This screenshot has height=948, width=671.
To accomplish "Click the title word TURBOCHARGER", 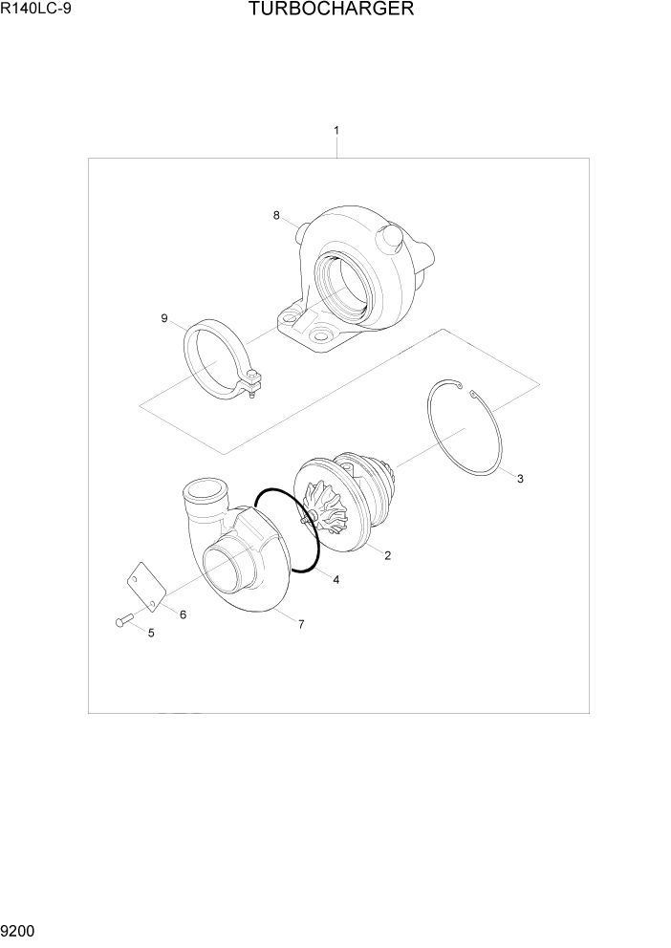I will click(331, 11).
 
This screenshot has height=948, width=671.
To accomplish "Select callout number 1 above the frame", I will click(335, 130).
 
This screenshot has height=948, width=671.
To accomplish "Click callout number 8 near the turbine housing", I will click(276, 215).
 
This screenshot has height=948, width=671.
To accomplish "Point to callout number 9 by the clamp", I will click(163, 318).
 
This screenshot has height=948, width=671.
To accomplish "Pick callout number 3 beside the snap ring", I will click(519, 479).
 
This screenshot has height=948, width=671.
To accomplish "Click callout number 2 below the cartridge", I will click(387, 555).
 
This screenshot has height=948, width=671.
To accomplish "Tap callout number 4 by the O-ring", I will click(335, 579).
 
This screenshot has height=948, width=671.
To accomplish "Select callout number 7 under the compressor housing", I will click(301, 624).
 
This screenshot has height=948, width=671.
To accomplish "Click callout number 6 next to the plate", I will click(182, 614).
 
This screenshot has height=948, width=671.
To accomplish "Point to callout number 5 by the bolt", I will click(150, 633).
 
